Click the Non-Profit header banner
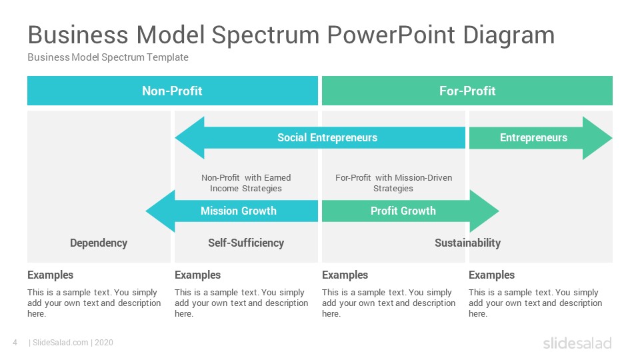point(172,91)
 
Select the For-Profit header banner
point(467,91)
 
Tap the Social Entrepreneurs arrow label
point(327,137)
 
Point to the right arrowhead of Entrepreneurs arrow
point(597,138)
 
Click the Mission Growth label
point(239,211)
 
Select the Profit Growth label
point(403,211)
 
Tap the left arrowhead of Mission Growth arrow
point(161,211)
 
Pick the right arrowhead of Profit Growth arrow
point(485,211)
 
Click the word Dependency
point(99,243)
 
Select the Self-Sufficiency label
point(246,243)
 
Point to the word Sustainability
point(468,243)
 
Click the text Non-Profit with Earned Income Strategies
point(246,183)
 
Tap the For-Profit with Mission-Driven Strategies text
point(393,183)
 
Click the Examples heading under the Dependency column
point(50,275)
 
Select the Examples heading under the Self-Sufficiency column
point(197,275)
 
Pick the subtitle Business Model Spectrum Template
point(108,57)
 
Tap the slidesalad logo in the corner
point(577,343)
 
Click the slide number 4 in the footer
point(15,343)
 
